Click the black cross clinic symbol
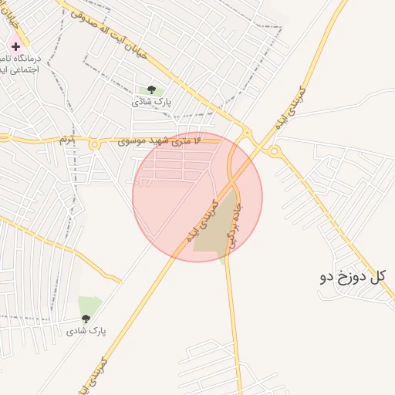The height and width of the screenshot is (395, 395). [15, 46]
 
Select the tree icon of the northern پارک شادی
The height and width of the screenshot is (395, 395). [151, 89]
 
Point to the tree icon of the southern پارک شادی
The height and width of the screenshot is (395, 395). [86, 319]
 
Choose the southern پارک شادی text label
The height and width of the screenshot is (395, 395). [86, 331]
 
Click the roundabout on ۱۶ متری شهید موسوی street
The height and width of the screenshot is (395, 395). [95, 144]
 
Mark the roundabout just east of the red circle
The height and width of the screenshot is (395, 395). [275, 151]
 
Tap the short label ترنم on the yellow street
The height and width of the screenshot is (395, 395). [67, 140]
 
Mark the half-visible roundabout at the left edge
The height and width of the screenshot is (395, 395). [3, 137]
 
